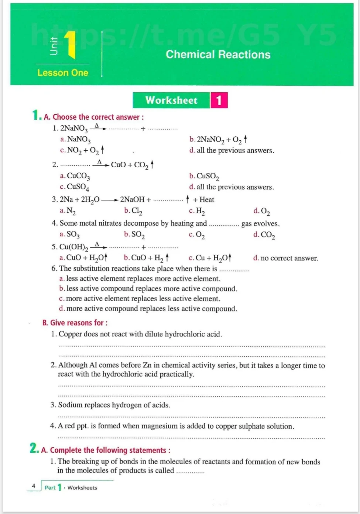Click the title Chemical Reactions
[218, 55]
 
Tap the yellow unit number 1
[71, 45]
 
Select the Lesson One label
[63, 73]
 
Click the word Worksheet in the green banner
[171, 100]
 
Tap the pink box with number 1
[219, 100]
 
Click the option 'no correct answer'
[289, 258]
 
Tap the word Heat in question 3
[206, 200]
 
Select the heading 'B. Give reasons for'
[75, 323]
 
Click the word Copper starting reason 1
[70, 334]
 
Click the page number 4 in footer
[34, 486]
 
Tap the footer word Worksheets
[82, 488]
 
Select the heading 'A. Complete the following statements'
[106, 450]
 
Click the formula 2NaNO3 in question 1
[74, 128]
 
